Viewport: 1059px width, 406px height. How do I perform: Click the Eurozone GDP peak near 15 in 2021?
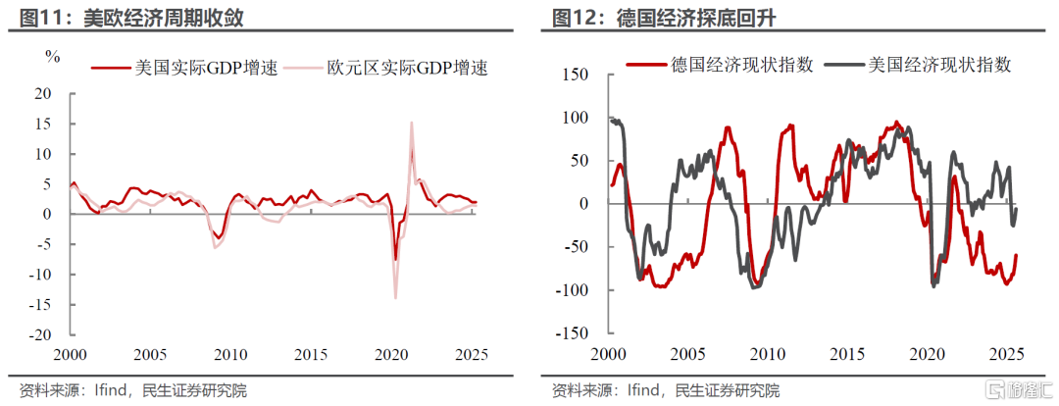click(411, 122)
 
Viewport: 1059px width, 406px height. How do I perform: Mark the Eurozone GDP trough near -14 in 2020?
click(395, 297)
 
